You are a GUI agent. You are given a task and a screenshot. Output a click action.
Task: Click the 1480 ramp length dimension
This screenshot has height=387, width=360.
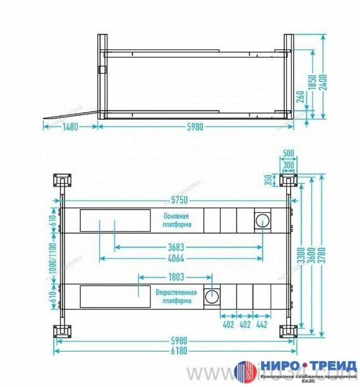pos(70,128)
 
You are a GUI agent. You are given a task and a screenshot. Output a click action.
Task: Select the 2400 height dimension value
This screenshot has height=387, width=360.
pos(324,82)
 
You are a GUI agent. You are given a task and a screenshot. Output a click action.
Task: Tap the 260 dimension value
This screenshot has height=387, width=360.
pos(301,97)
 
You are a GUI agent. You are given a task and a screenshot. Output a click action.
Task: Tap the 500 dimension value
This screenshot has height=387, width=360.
pos(289,153)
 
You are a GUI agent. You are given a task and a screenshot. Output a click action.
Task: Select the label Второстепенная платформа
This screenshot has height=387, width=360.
pos(176,297)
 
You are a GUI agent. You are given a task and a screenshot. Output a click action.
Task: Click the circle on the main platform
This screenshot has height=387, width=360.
pos(261,220)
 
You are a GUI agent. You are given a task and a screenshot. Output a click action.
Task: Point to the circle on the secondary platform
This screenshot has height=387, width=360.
pos(213,296)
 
